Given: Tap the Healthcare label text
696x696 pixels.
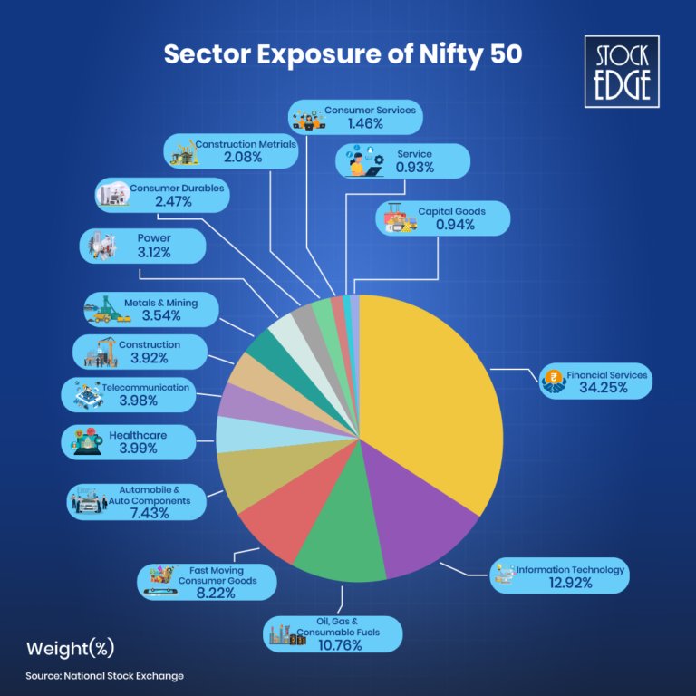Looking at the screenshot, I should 138,435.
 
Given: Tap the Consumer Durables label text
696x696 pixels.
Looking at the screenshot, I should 177,188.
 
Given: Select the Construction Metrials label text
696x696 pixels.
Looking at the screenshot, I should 246,144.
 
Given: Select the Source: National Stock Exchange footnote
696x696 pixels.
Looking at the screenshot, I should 104,676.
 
